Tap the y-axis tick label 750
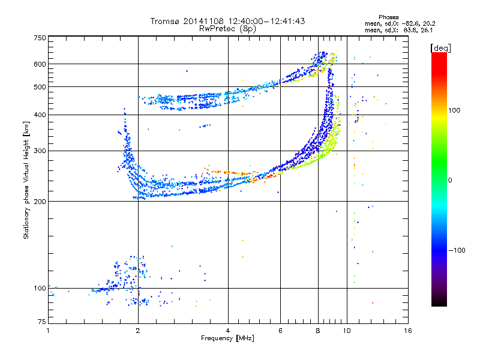tap(40, 37)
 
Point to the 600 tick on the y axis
tap(40, 64)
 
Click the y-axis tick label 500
tap(40, 86)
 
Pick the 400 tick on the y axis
tap(40, 115)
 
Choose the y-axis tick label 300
tap(40, 151)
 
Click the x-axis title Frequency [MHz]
tap(228, 339)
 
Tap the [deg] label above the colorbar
tap(441, 47)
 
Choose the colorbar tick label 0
tap(450, 180)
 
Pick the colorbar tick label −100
tap(458, 250)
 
